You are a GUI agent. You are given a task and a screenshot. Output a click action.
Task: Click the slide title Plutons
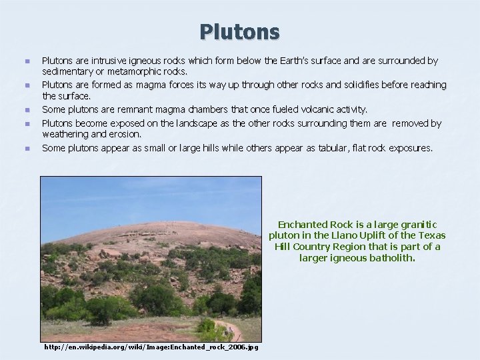coord(239,31)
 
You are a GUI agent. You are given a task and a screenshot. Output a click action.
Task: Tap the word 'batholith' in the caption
coord(392,257)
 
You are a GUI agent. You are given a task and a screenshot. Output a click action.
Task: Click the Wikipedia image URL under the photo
coord(151,347)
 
